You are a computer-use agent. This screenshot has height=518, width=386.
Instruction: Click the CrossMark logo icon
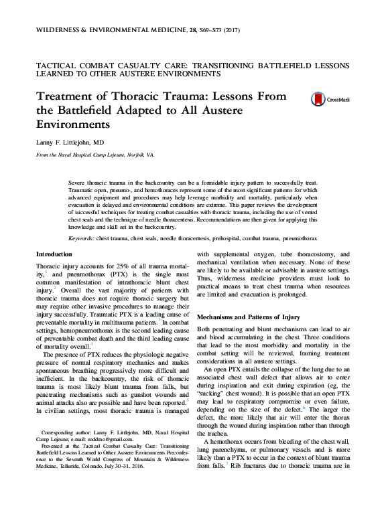[x=318, y=99]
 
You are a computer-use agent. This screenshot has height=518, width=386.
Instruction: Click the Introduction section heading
[x=54, y=254]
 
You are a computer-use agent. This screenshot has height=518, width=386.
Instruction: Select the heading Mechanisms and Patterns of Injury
[x=247, y=317]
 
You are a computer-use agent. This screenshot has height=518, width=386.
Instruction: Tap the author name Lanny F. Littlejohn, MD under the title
[x=70, y=142]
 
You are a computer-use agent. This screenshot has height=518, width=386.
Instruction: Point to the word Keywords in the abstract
[x=82, y=237]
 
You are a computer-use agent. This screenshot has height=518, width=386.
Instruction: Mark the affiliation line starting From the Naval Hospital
[x=95, y=155]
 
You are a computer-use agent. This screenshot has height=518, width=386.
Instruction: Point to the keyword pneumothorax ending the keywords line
[x=299, y=237]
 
